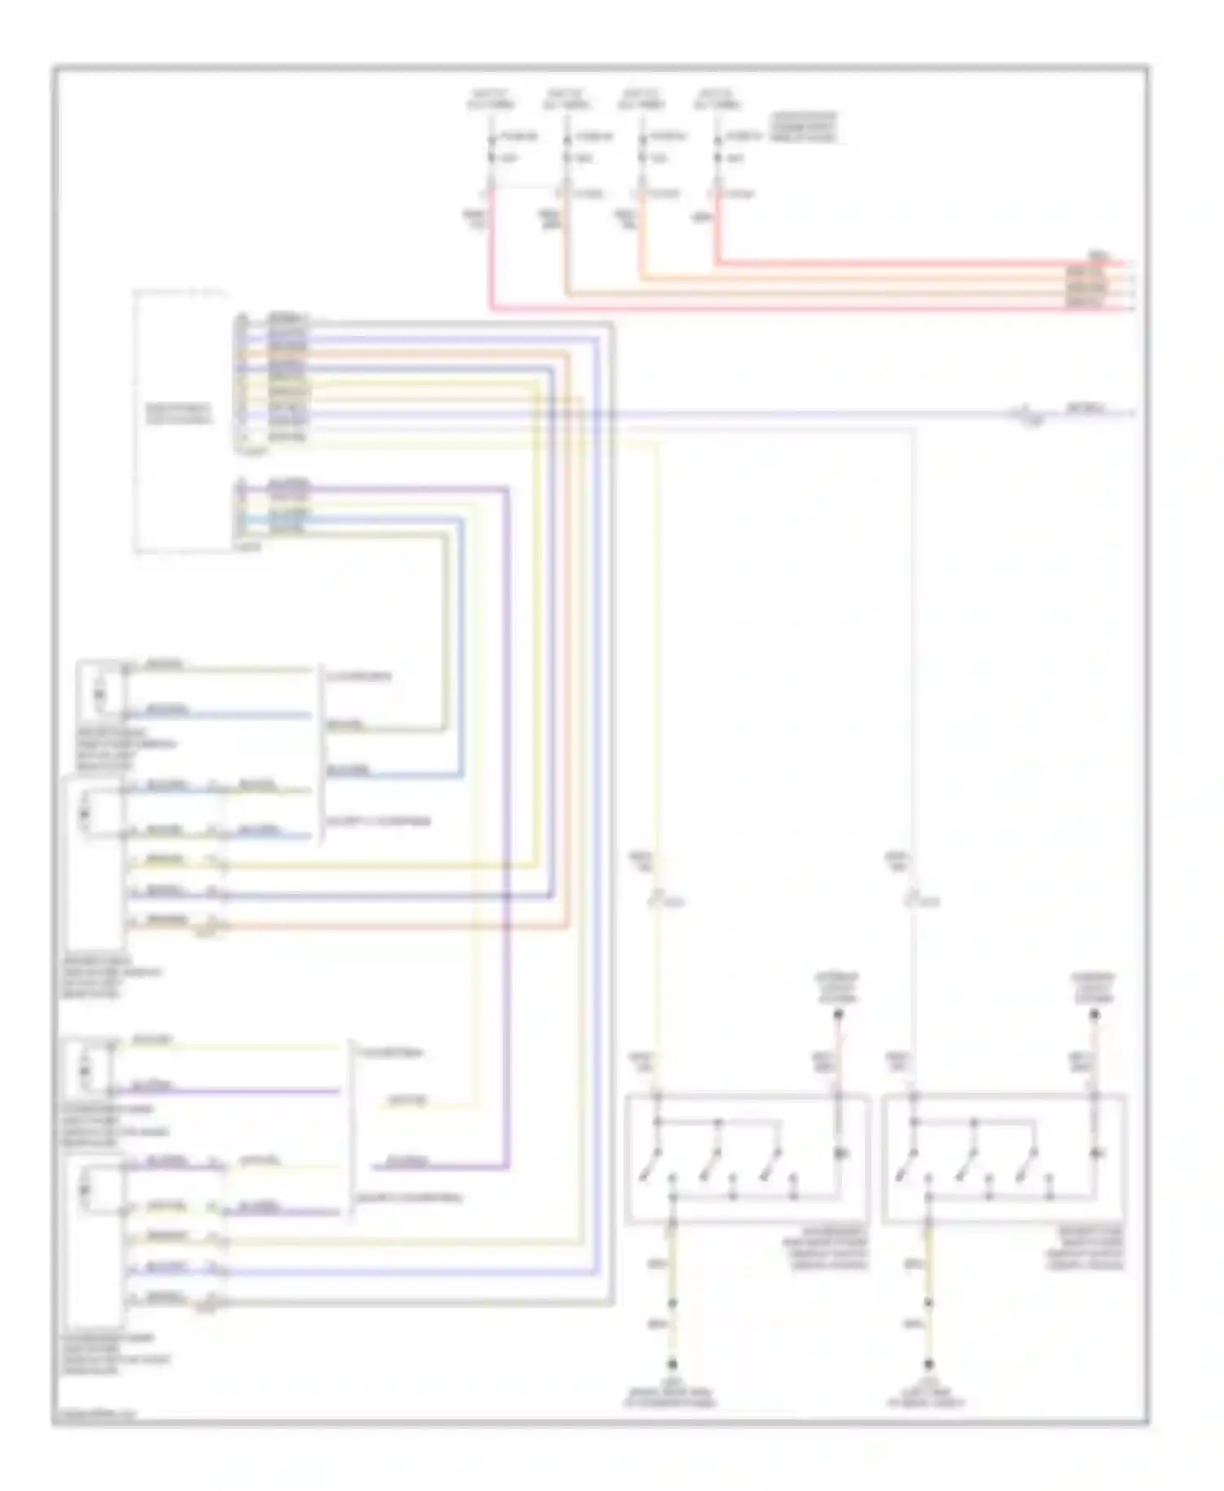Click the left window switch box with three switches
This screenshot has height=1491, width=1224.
point(746,1159)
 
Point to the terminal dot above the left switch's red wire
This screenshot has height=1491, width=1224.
point(837,1015)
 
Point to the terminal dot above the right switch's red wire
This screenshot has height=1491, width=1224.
point(1094,1015)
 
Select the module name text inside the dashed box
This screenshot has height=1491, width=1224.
point(179,414)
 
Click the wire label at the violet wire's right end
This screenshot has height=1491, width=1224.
point(1089,407)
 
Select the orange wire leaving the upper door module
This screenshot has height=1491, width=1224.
point(392,926)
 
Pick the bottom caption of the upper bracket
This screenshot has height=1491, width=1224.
point(378,821)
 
